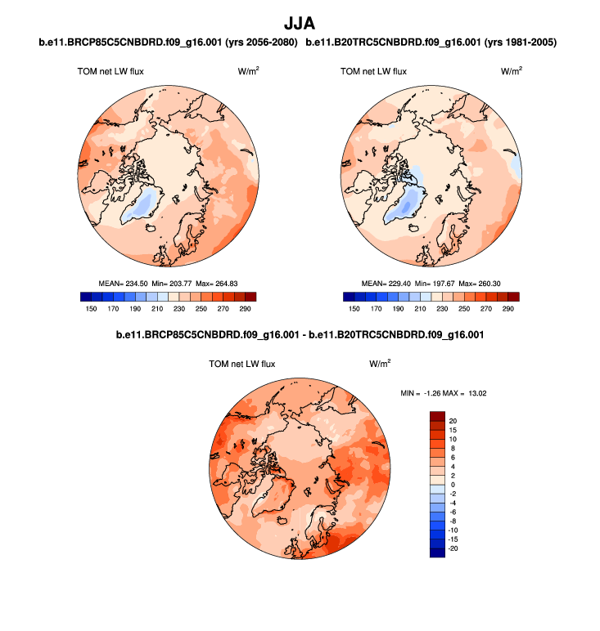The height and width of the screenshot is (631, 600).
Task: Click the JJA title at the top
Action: (299, 25)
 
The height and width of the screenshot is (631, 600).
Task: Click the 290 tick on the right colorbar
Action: (508, 310)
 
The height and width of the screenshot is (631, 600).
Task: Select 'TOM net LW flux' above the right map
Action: (373, 72)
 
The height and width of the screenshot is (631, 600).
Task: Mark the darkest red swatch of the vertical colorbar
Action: (437, 415)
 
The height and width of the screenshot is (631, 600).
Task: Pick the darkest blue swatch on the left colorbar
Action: (86, 297)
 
